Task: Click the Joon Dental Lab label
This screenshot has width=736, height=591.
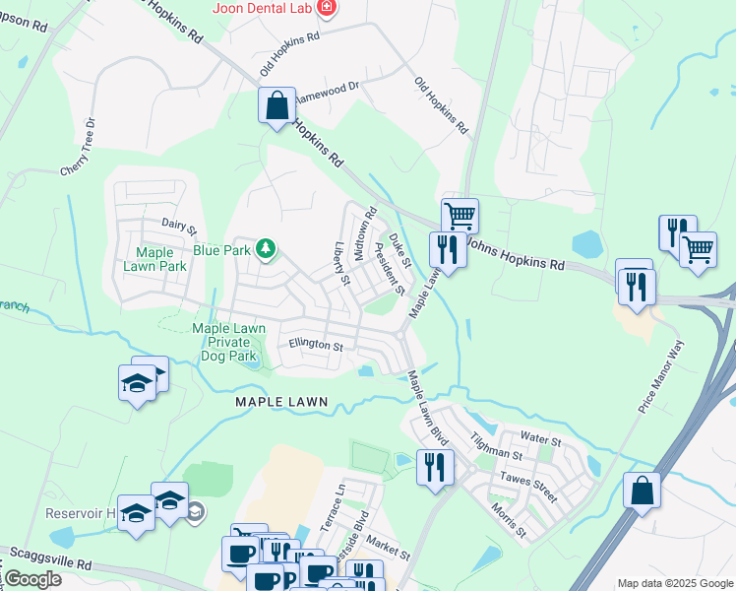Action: coord(261,9)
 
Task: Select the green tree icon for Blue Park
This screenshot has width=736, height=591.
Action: coord(265,249)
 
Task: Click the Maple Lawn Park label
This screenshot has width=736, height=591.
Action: coord(154,259)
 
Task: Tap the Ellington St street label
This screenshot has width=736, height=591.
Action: coord(315,346)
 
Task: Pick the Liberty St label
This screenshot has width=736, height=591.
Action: coord(341,263)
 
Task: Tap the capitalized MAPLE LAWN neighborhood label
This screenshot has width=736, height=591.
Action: coord(280,405)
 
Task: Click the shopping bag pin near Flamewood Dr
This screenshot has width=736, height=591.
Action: coord(277,103)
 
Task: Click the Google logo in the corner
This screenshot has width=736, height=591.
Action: coord(32,579)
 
